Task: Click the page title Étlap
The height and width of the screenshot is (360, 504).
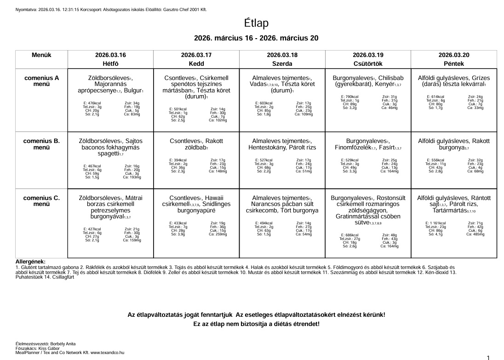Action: coord(256,23)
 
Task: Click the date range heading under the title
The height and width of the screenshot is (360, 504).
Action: coord(256,38)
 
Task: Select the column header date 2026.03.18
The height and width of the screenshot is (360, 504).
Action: coord(282,55)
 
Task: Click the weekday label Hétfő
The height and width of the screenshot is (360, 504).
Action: coord(110,63)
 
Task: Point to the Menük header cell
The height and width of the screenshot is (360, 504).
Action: coord(41,55)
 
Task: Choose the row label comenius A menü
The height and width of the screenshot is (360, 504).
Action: coord(41,81)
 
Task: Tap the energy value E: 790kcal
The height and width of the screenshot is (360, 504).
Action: coord(349,97)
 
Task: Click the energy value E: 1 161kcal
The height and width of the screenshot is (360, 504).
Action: coord(435,223)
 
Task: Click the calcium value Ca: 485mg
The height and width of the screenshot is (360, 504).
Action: coord(475,234)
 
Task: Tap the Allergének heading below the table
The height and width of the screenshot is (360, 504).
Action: coord(30,262)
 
